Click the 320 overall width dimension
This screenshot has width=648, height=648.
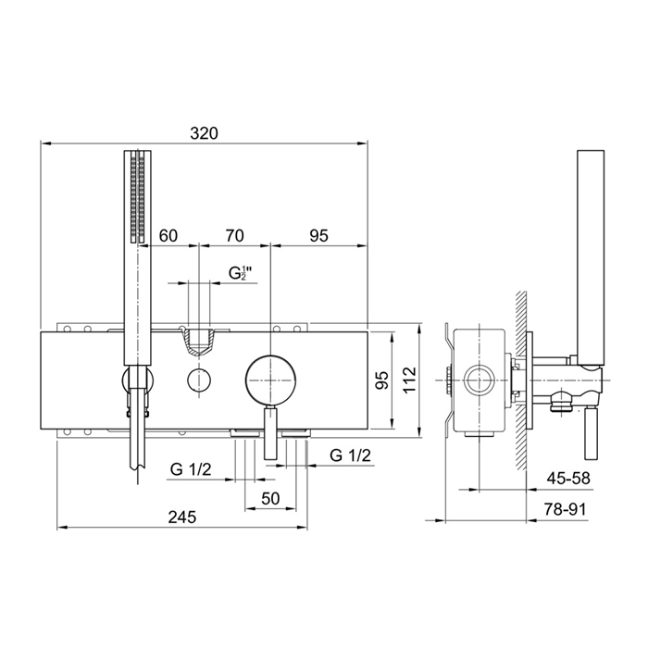(x=204, y=133)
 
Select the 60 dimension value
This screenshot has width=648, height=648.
(x=168, y=235)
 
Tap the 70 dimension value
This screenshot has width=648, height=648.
(x=234, y=235)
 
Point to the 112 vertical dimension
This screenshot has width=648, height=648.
(x=410, y=380)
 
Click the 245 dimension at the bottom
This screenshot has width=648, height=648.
(x=182, y=517)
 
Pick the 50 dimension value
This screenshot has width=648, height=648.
(x=270, y=498)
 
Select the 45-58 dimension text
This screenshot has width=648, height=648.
(x=568, y=479)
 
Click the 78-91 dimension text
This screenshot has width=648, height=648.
(x=565, y=509)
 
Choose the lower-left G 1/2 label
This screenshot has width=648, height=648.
(x=191, y=469)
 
